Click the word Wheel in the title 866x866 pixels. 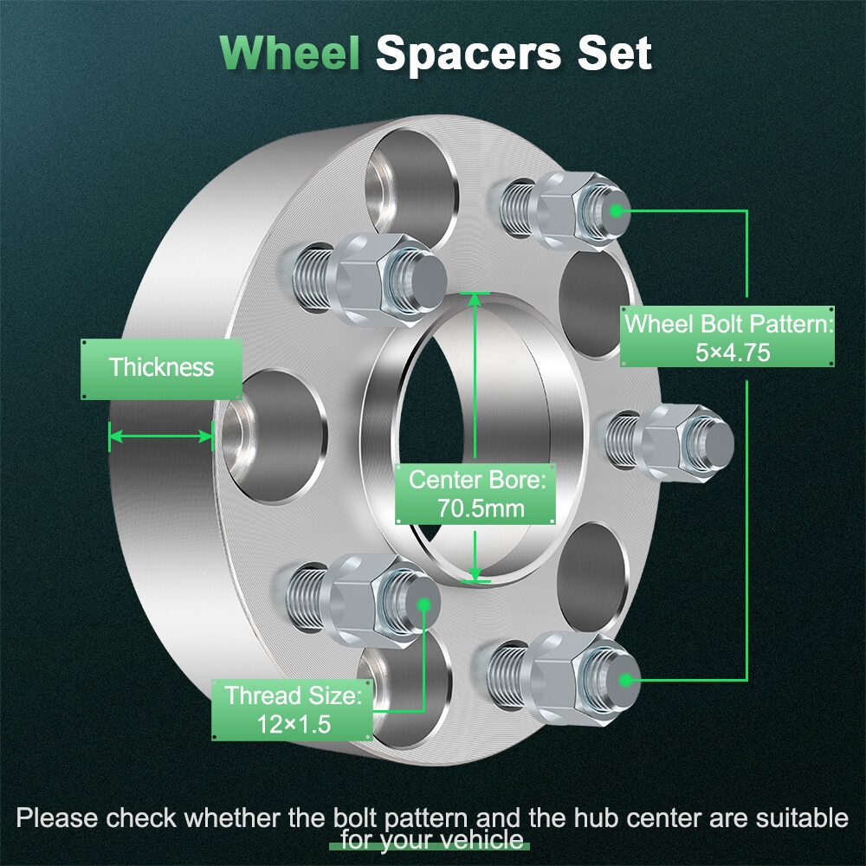pos(289,53)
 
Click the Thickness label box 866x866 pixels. pos(161,367)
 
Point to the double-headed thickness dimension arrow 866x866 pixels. pos(161,436)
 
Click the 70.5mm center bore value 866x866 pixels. pos(475,507)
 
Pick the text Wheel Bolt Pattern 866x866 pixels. pos(727,325)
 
